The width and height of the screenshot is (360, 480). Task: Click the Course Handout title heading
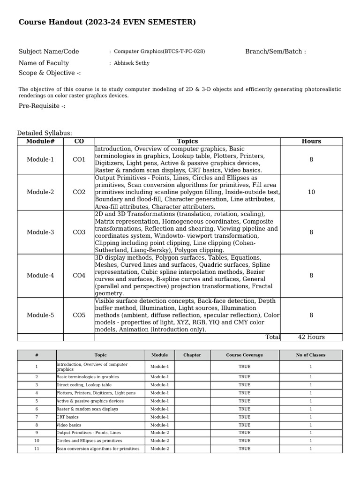pos(107,22)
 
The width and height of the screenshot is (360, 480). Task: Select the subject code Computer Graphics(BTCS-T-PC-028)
pos(159,52)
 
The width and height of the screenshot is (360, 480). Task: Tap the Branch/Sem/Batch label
pos(275,52)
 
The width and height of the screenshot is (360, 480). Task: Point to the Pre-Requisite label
pos(42,106)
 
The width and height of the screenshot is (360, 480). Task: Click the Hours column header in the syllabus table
pos(311,141)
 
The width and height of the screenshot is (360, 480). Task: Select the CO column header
pos(79,141)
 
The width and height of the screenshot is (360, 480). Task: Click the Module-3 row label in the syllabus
pos(40,232)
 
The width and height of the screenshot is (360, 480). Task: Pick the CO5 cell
pos(79,315)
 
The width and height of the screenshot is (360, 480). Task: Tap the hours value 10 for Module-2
pos(311,192)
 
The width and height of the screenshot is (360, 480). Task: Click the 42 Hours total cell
pos(311,337)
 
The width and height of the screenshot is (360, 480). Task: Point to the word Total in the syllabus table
pos(272,337)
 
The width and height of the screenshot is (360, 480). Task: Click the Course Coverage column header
pos(244,355)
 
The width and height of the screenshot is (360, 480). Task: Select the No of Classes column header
pos(310,355)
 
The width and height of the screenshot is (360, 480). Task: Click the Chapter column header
pos(192,355)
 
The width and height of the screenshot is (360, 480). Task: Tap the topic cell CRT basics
pos(67,417)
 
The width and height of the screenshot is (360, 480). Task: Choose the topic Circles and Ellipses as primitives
pos(89,441)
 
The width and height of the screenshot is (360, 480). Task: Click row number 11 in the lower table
pos(37,449)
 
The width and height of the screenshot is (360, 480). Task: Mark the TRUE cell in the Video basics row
pos(244,425)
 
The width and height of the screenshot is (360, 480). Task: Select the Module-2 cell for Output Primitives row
pos(159,433)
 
